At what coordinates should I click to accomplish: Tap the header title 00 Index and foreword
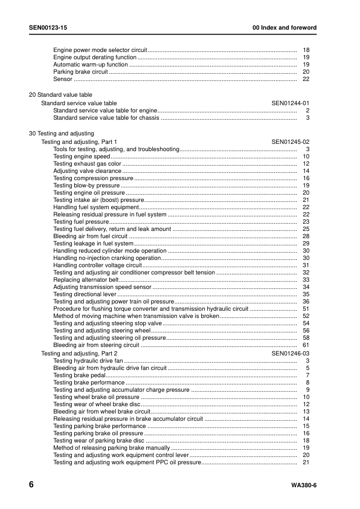pos(284,28)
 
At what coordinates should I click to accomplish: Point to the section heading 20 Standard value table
pos(61,95)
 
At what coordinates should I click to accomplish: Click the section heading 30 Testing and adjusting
pos(62,133)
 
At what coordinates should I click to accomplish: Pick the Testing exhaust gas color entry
pos(87,164)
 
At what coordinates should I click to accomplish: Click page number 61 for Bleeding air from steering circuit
pos(306,345)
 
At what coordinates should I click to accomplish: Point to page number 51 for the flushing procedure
pos(306,308)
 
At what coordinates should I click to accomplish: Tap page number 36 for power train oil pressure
pos(306,302)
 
